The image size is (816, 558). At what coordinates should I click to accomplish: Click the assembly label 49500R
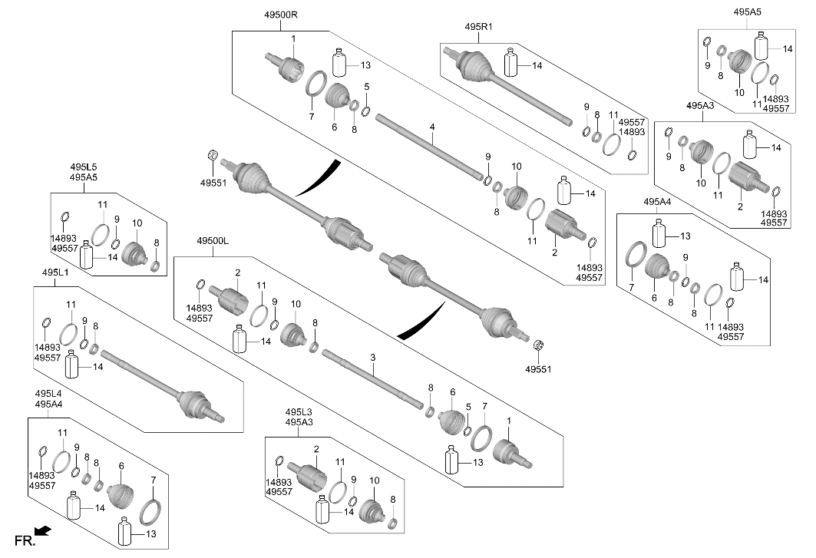point(280,15)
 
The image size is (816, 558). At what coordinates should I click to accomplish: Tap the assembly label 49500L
point(213,241)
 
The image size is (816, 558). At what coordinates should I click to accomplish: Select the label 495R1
point(478,26)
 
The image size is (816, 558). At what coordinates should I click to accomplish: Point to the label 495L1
point(55,272)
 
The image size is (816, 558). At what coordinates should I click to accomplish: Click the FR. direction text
point(25,541)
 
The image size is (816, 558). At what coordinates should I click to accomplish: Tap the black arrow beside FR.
point(43,530)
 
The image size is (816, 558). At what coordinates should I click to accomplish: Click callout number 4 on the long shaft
point(432,127)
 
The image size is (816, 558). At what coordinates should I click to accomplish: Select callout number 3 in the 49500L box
point(372,358)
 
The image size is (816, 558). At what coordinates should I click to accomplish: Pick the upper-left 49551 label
point(213,183)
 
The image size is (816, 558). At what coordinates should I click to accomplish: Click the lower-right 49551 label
point(538,369)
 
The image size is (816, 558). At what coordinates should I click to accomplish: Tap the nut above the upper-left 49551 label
point(213,154)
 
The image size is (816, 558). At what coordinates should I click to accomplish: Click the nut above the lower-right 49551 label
point(539,345)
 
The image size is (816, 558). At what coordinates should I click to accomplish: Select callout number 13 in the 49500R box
point(365,64)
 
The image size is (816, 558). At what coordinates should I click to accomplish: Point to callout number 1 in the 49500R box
point(293,38)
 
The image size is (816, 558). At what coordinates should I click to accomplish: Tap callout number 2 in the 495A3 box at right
point(740,206)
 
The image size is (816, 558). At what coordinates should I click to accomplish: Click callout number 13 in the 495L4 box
point(150,533)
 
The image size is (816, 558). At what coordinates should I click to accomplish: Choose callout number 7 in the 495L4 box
point(153,480)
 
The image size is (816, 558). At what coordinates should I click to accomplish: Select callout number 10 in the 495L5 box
point(137,223)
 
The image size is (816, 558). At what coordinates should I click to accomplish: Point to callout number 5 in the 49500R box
point(366,86)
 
